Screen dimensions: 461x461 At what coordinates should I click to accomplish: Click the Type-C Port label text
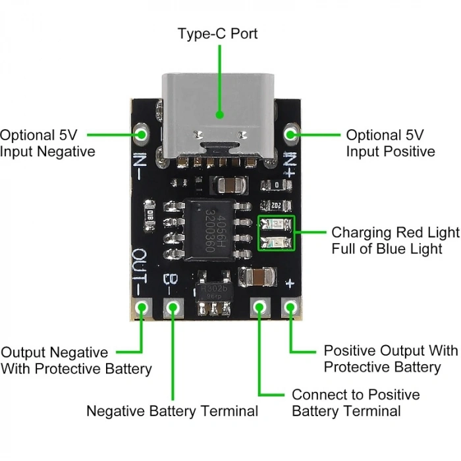[x=217, y=33]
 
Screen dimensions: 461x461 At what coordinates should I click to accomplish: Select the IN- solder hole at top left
[x=142, y=134]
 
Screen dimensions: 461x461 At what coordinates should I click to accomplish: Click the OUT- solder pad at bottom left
[x=142, y=307]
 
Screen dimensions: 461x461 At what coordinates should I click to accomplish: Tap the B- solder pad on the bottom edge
[x=173, y=307]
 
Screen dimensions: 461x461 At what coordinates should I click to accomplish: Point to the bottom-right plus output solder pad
[x=290, y=307]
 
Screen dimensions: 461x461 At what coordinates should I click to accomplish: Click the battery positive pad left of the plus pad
[x=259, y=307]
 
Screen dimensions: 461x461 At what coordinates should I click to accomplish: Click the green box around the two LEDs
[x=277, y=233]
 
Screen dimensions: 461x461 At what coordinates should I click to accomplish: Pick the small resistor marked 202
[x=277, y=205]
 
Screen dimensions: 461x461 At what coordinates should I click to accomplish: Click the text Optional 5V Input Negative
[x=47, y=143]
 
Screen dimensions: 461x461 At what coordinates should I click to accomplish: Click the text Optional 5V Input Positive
[x=390, y=143]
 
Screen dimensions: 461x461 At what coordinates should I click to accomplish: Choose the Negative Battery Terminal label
[x=172, y=412]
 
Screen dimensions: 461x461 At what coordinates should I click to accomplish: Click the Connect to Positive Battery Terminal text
[x=355, y=403]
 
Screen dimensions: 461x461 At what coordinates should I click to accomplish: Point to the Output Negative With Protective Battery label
[x=76, y=360]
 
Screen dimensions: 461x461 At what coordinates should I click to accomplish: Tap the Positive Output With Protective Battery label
[x=390, y=358]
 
